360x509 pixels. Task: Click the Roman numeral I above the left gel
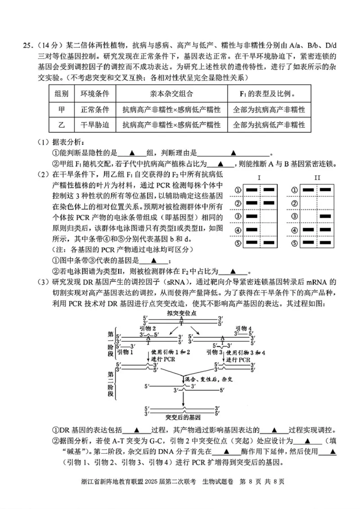[260, 178]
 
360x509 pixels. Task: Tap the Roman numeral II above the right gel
[317, 178]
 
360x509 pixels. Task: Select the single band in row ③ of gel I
[252, 216]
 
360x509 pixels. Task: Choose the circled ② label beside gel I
[237, 203]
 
